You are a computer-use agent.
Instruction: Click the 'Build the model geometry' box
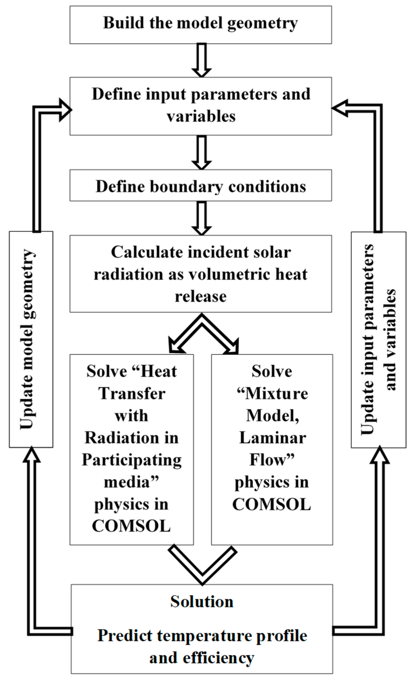click(201, 25)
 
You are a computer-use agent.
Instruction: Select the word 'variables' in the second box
click(201, 116)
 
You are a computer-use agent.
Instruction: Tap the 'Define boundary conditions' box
click(201, 186)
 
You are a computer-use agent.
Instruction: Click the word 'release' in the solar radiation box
click(201, 296)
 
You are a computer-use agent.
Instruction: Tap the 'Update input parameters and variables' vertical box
click(378, 340)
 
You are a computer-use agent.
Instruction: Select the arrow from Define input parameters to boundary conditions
click(201, 152)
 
